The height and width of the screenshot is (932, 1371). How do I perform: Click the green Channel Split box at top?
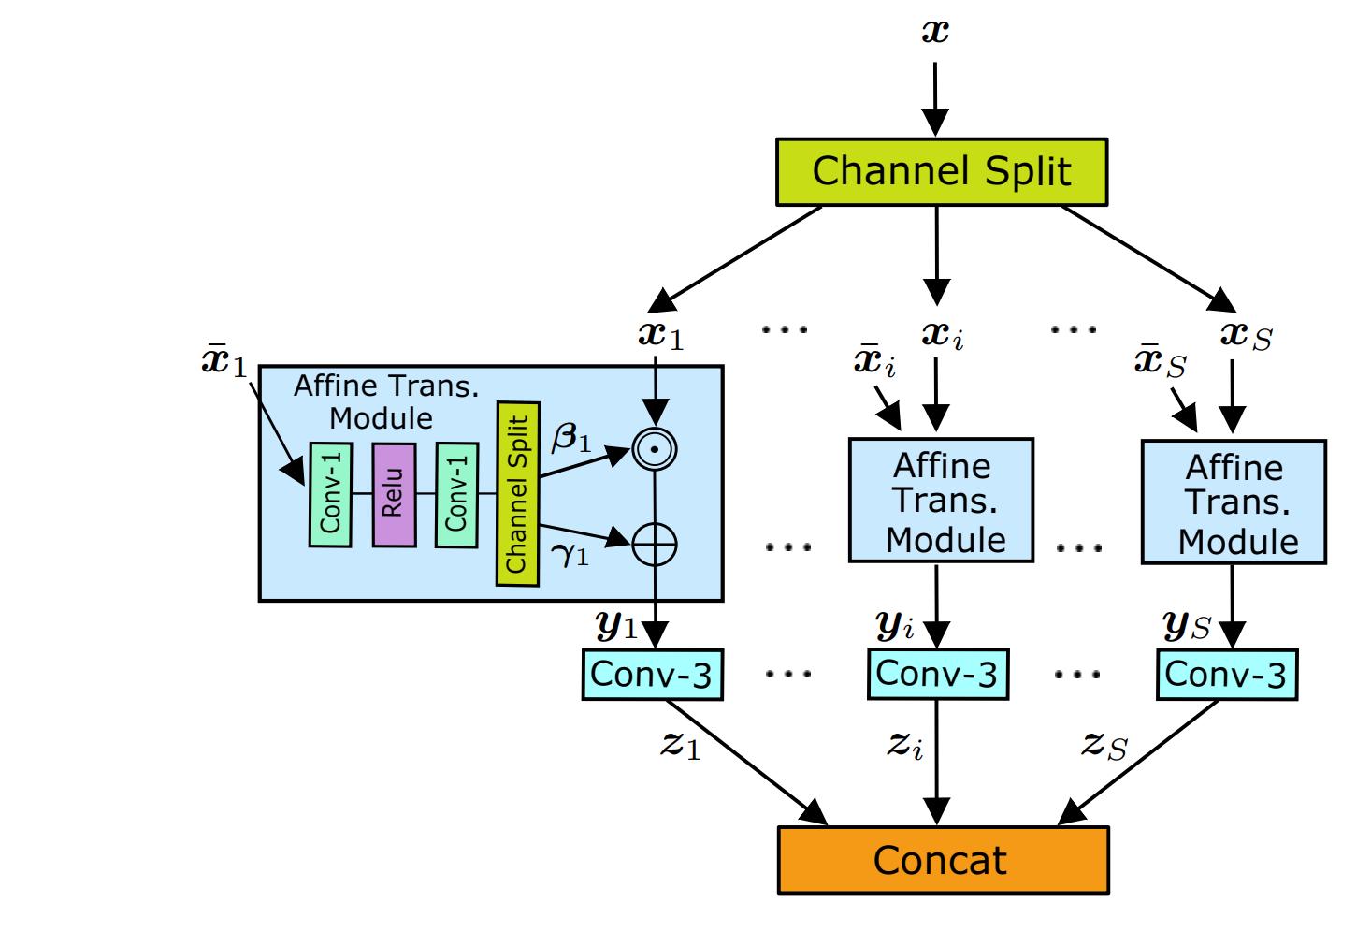(942, 172)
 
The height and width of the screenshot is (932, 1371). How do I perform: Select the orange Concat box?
(943, 860)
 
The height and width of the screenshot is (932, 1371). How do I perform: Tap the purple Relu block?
(394, 494)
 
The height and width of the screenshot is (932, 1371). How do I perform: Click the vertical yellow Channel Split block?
(517, 493)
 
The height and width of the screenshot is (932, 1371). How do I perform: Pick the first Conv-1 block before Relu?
(330, 493)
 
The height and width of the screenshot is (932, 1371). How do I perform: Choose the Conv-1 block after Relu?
(456, 494)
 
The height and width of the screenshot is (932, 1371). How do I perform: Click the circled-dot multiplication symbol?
(655, 449)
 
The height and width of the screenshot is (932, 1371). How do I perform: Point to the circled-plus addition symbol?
(655, 545)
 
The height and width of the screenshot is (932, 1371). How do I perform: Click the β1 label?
(571, 437)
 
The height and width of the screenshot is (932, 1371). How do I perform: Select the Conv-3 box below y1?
(652, 675)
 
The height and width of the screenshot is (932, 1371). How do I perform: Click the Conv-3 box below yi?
(937, 674)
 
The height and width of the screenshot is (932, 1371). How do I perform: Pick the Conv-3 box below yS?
(1226, 675)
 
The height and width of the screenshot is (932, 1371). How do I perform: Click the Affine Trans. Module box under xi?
(941, 501)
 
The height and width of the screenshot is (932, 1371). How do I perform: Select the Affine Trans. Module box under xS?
(1234, 502)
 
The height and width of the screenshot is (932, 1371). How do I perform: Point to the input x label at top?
(935, 33)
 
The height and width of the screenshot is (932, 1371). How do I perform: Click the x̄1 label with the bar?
(224, 360)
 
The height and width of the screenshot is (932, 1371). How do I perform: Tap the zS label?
(1104, 746)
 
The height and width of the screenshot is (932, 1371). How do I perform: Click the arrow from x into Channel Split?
(935, 99)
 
